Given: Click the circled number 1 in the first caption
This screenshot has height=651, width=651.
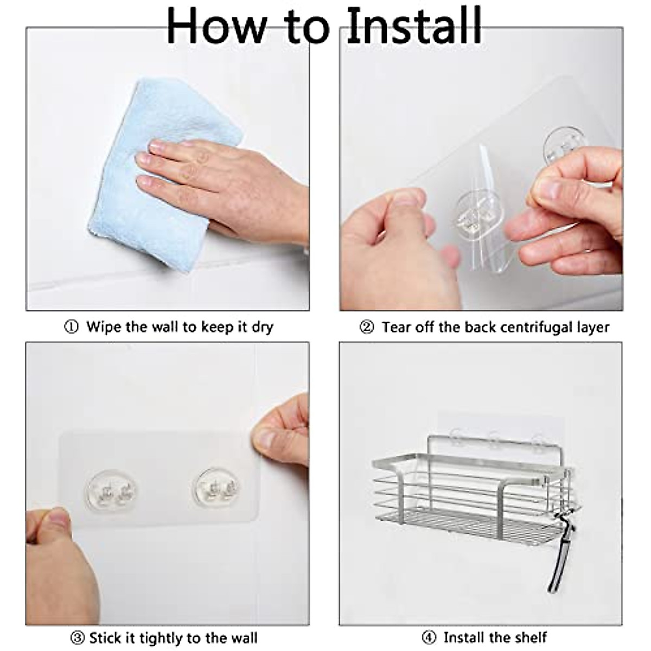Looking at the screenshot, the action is [x=71, y=327].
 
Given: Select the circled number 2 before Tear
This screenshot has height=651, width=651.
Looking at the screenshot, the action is [x=367, y=327].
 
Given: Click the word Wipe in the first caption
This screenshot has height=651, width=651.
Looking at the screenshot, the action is [x=104, y=328].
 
